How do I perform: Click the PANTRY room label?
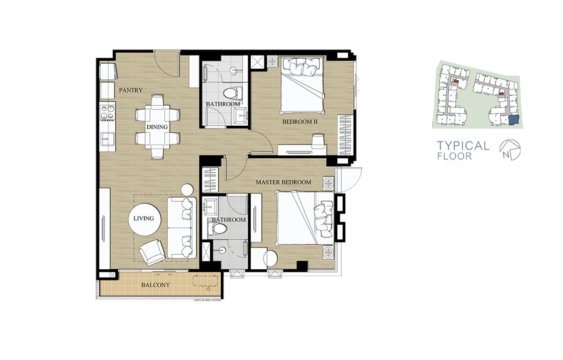tap(131, 90)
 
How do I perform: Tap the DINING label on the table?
tap(157, 127)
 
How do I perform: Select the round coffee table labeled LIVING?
tap(145, 219)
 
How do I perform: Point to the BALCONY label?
tap(155, 285)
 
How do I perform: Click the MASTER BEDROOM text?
tap(283, 182)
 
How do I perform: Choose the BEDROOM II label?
tap(300, 121)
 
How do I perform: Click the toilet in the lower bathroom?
tap(218, 229)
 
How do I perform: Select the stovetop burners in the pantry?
tap(108, 111)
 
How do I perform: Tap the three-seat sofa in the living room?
tap(182, 227)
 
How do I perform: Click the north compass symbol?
tap(510, 150)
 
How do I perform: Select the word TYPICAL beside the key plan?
tap(463, 145)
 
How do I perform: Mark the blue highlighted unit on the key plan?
tap(514, 120)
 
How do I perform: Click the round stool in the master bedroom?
tap(271, 258)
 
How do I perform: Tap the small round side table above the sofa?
tap(187, 190)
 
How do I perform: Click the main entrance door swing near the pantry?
tap(167, 63)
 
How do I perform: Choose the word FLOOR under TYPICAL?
tap(455, 157)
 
